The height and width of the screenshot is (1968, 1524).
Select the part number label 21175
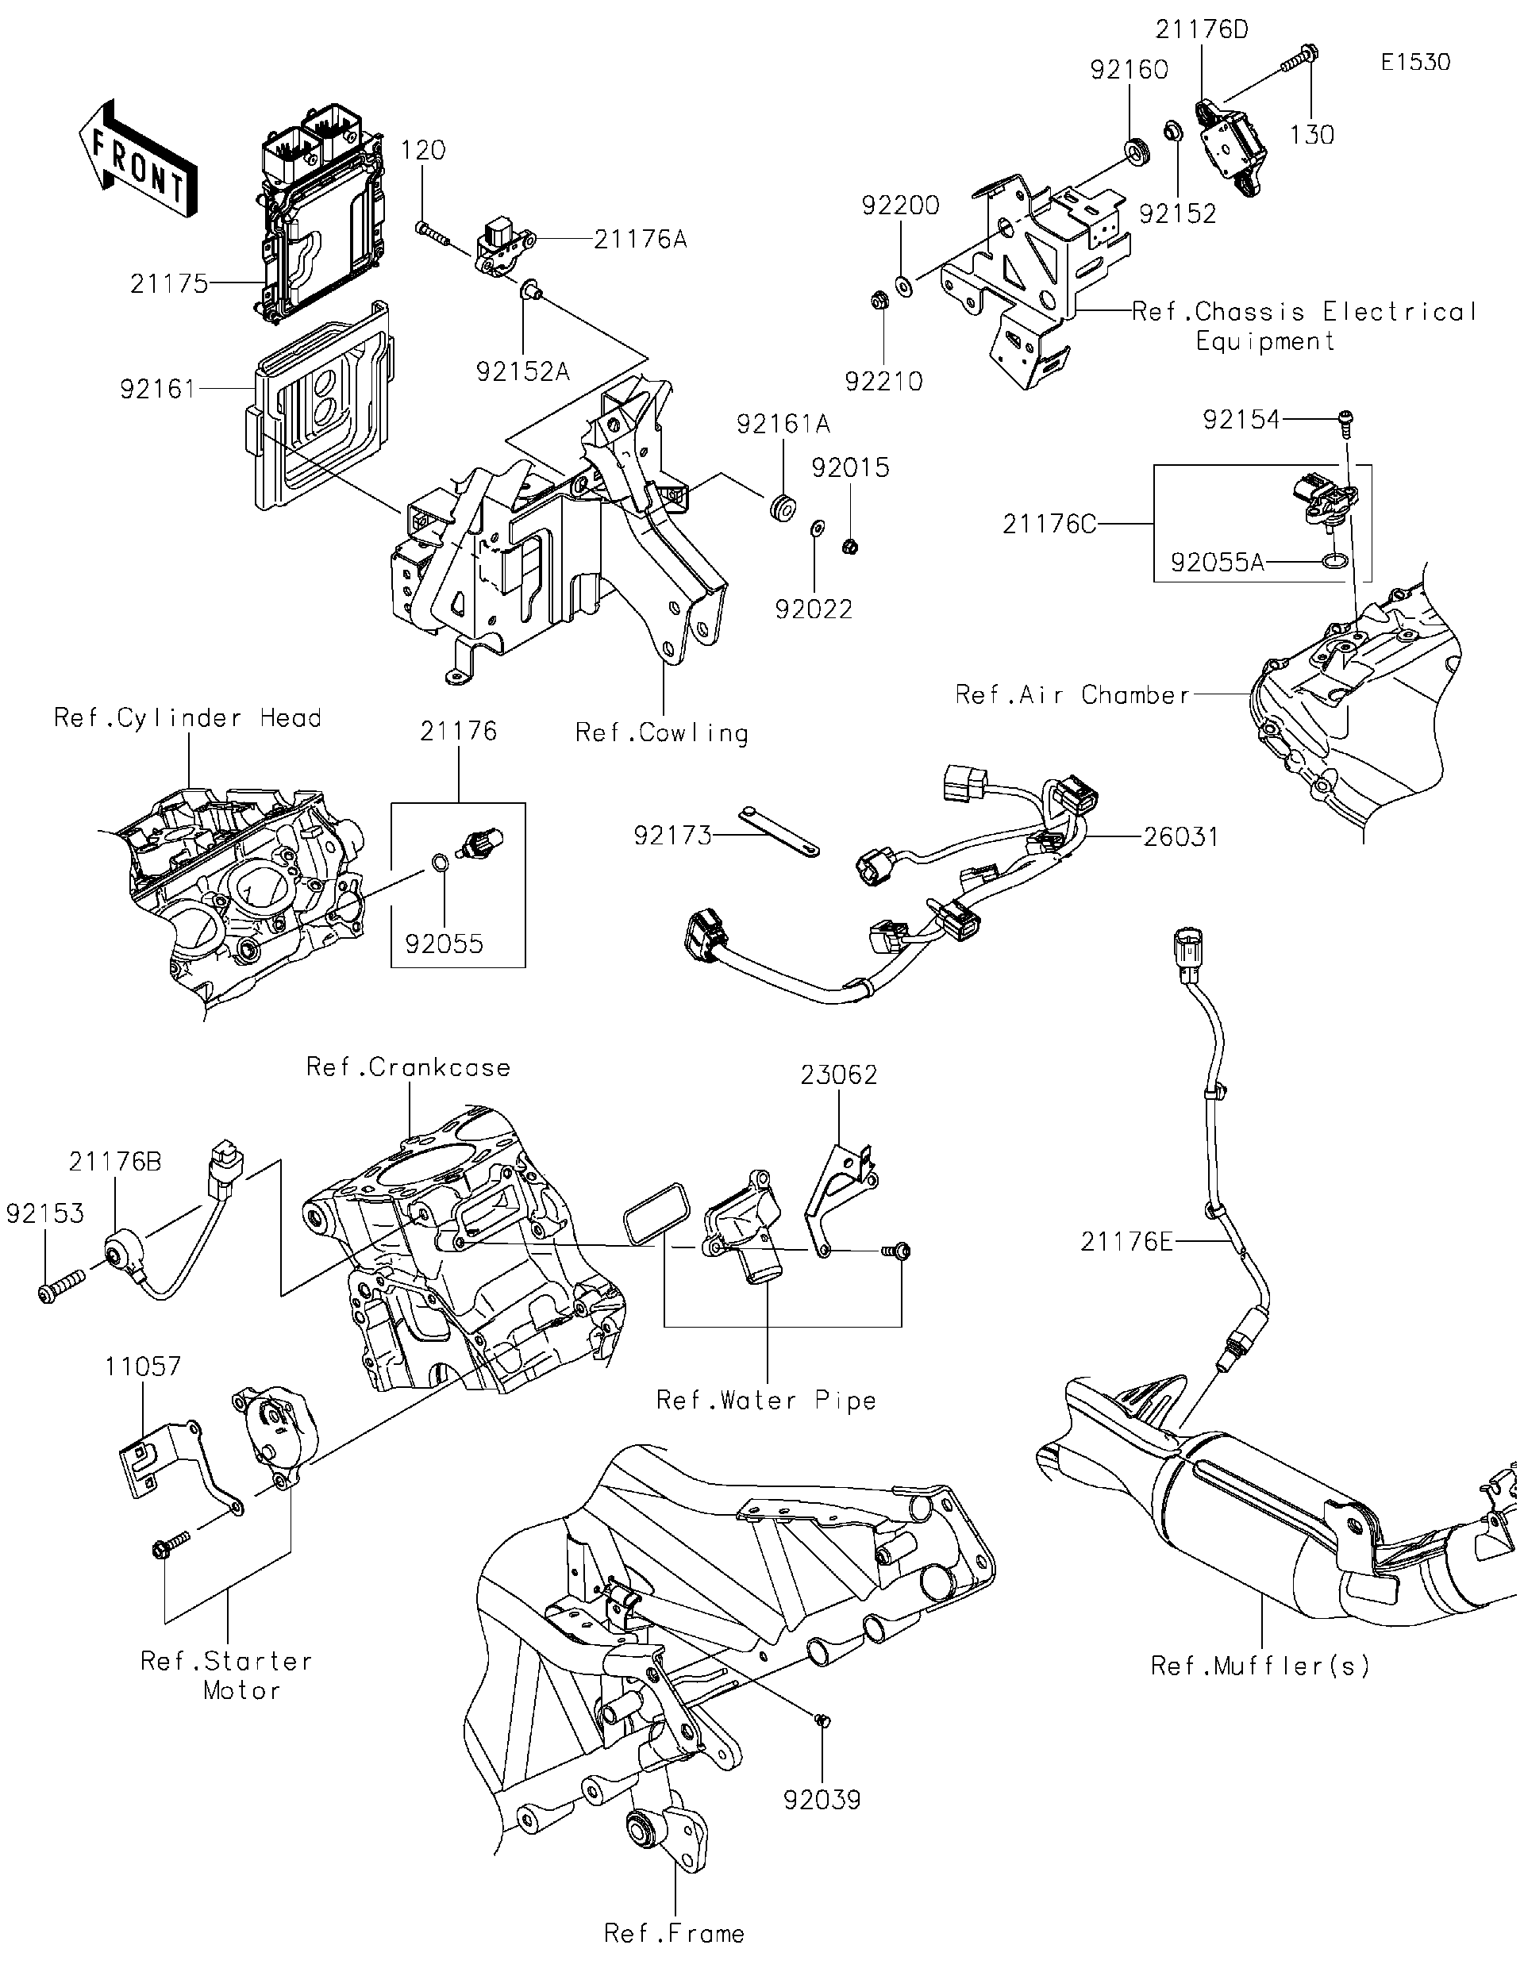[168, 285]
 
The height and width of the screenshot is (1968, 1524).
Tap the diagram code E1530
[1415, 62]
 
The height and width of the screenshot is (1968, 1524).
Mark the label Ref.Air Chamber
[1072, 694]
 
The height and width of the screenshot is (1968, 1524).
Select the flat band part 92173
[779, 832]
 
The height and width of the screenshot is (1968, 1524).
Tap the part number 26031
[1180, 837]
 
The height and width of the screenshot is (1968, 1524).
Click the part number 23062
[838, 1075]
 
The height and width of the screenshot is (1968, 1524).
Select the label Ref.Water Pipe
[766, 1401]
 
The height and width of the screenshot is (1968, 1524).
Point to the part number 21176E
[1126, 1243]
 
